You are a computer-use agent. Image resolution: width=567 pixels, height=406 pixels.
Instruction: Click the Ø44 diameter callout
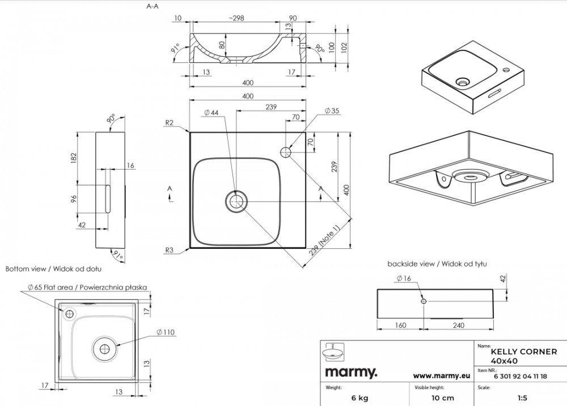211,112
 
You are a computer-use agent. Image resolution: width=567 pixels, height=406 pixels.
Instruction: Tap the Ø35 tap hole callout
332,111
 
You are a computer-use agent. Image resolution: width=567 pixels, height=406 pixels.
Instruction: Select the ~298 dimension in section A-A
236,19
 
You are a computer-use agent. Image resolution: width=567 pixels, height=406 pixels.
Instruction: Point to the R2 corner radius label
169,122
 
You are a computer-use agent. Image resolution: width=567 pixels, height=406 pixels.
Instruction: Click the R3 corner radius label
169,250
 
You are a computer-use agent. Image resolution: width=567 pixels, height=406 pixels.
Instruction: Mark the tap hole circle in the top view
286,152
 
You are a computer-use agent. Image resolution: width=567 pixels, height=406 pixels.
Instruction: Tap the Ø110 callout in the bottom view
165,332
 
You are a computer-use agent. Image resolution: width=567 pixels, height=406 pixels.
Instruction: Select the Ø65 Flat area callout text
87,287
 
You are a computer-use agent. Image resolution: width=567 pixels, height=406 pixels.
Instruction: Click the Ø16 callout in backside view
404,278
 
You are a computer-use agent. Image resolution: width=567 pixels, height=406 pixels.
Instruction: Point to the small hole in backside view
424,301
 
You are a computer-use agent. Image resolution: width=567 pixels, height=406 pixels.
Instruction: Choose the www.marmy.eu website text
442,375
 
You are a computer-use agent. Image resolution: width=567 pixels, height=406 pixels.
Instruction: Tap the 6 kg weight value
360,398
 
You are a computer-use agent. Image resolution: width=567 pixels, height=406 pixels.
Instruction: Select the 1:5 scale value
522,398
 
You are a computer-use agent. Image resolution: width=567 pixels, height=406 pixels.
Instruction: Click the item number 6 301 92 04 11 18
521,377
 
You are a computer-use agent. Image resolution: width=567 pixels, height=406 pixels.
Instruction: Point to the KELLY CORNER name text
524,352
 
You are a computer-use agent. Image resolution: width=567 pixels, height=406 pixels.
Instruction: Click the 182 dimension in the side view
73,158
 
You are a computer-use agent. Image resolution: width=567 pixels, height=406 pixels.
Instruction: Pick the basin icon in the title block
332,352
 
